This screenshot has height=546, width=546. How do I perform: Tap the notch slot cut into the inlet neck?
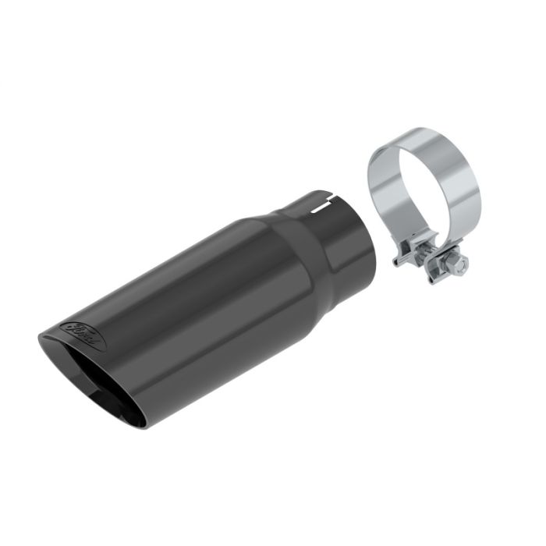(319, 207)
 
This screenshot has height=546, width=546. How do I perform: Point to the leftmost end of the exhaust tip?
(39, 340)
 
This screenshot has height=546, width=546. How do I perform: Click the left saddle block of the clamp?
(403, 253)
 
